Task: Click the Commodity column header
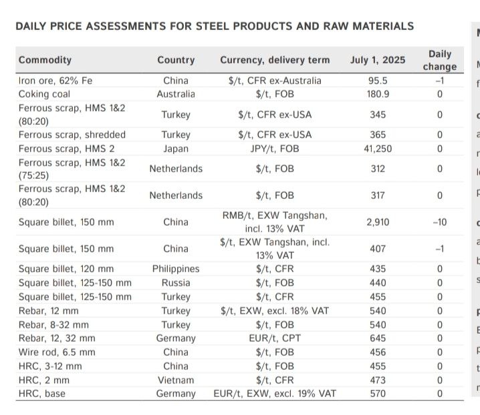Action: pyautogui.click(x=45, y=60)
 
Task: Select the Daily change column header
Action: pyautogui.click(x=439, y=60)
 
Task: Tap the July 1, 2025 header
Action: pyautogui.click(x=377, y=60)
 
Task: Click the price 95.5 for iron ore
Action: pyautogui.click(x=378, y=81)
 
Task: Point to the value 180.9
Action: pyautogui.click(x=378, y=94)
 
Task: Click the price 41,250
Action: pyautogui.click(x=378, y=148)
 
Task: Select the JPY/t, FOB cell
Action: pyautogui.click(x=275, y=148)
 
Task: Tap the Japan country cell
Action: pyautogui.click(x=176, y=148)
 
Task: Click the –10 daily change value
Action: pyautogui.click(x=439, y=222)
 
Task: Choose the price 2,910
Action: pyautogui.click(x=378, y=222)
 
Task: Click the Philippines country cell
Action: pyautogui.click(x=176, y=269)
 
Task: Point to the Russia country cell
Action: pyautogui.click(x=176, y=283)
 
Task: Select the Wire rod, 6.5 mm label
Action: pyautogui.click(x=57, y=352)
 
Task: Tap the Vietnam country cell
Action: pyautogui.click(x=176, y=380)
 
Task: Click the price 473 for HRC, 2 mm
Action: pyautogui.click(x=378, y=380)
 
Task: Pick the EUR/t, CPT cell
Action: pyautogui.click(x=275, y=338)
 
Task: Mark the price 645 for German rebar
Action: pyautogui.click(x=378, y=338)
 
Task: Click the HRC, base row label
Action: pyautogui.click(x=42, y=394)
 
